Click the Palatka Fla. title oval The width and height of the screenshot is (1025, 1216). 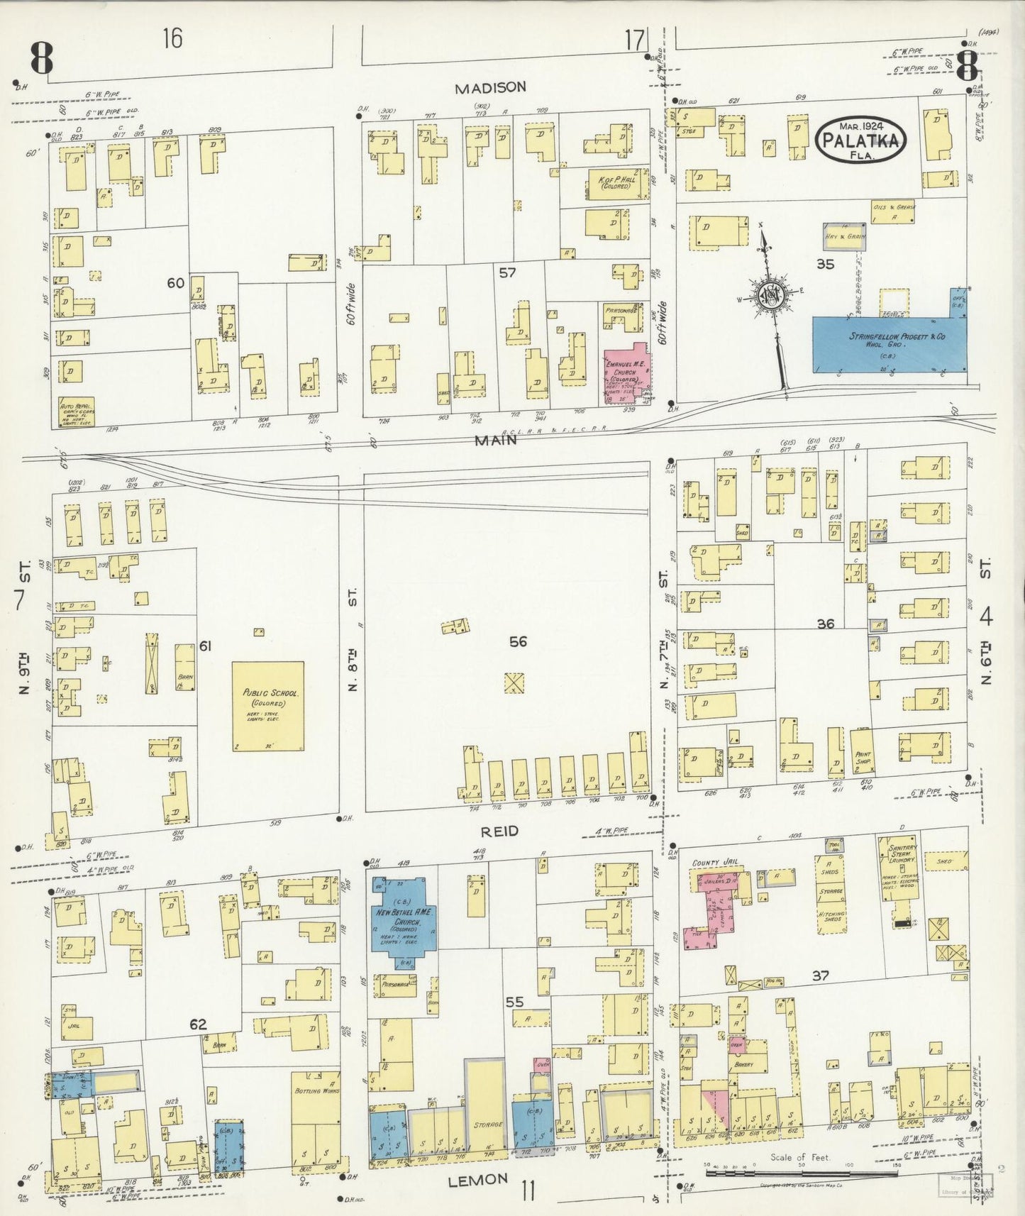pos(860,140)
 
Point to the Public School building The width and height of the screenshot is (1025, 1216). pos(268,706)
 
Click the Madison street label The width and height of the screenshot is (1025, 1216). pos(490,87)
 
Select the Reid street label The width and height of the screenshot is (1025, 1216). pos(501,830)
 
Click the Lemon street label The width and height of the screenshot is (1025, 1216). pos(479,1178)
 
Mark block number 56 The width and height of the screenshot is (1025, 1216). pos(519,641)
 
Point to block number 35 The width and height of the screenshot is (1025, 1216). pos(825,265)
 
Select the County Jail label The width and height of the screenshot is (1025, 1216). pos(716,863)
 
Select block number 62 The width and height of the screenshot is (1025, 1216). pos(198,1024)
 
